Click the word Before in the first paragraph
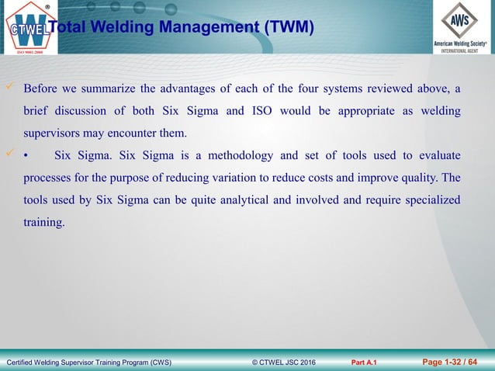(x=41, y=88)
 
